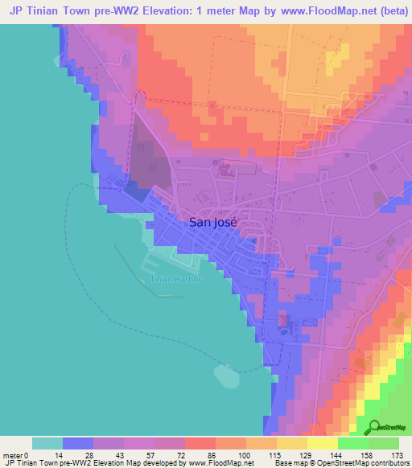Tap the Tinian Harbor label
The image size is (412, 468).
tap(175, 279)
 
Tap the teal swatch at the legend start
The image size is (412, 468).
tap(47, 443)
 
